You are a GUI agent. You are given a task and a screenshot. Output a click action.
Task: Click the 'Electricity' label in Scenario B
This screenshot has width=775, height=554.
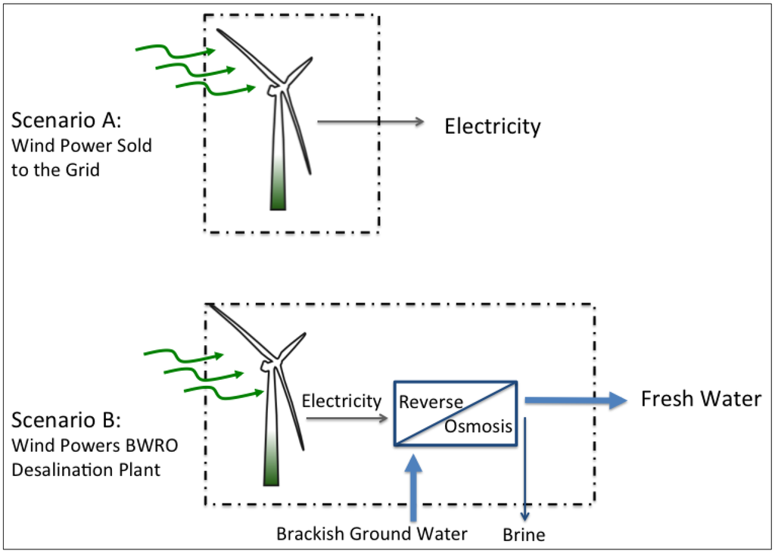(x=341, y=400)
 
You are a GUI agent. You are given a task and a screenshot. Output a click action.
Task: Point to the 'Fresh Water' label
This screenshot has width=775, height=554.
(x=701, y=399)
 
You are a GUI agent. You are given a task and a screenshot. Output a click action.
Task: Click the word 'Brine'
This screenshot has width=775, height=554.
(x=524, y=535)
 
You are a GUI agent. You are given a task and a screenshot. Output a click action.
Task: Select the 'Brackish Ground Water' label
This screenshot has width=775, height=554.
(x=372, y=534)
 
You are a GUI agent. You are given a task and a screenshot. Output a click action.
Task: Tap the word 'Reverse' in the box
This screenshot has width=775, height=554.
(x=431, y=401)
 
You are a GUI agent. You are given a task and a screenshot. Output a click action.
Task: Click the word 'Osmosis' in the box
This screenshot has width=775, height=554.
(x=478, y=427)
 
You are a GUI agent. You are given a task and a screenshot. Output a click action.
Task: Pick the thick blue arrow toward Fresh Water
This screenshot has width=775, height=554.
(x=575, y=400)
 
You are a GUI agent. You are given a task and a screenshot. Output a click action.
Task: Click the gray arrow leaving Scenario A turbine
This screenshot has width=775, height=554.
(x=369, y=121)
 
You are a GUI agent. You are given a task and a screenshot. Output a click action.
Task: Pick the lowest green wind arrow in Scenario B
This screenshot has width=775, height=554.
(x=224, y=391)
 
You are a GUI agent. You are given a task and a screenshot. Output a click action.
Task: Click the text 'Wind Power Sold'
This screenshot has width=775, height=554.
(x=82, y=145)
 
